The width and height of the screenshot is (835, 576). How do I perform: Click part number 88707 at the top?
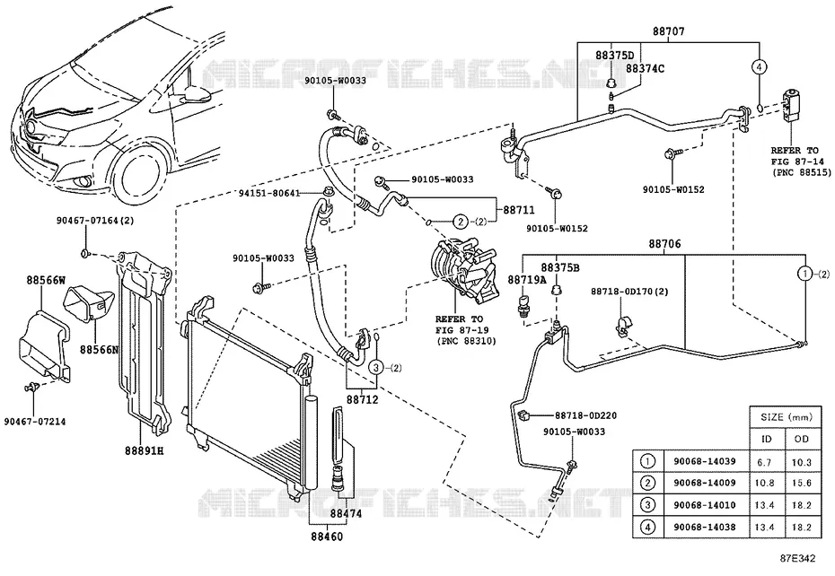tap(668, 31)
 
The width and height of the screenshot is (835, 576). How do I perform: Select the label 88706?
tap(664, 244)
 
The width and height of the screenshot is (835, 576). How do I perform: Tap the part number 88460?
tap(327, 536)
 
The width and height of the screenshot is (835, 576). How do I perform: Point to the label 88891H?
tap(144, 450)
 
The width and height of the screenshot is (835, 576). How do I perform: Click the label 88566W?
tap(46, 280)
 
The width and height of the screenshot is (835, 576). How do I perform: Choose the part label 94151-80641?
tap(270, 193)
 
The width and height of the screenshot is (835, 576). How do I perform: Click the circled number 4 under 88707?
tap(760, 66)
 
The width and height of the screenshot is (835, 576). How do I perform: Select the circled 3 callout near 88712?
tap(376, 367)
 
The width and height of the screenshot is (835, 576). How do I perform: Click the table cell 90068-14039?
tap(704, 461)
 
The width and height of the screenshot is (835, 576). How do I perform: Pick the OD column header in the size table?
tap(801, 439)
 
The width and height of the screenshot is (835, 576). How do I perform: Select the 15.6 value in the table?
tap(801, 483)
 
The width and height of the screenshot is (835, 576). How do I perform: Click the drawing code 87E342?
tap(797, 558)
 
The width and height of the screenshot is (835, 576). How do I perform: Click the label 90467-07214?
tap(35, 421)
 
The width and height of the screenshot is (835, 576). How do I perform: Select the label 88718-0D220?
tap(585, 415)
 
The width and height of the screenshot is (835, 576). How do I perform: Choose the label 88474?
tap(346, 514)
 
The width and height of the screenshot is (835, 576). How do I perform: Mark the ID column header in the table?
tap(765, 439)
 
